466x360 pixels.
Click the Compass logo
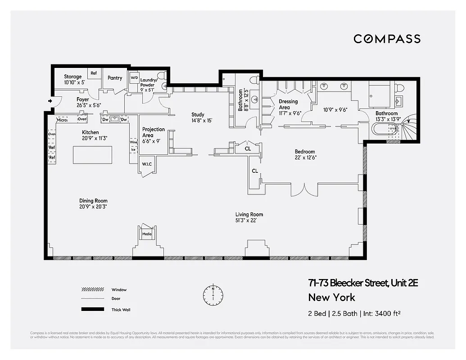pyautogui.click(x=387, y=39)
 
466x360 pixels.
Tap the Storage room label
pyautogui.click(x=73, y=77)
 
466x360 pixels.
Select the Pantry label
pyautogui.click(x=115, y=78)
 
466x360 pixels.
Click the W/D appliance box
pyautogui.click(x=134, y=78)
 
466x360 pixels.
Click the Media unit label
pyautogui.click(x=147, y=234)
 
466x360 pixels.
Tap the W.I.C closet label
pyautogui.click(x=147, y=164)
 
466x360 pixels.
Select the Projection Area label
pyautogui.click(x=148, y=132)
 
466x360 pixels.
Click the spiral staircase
pyautogui.click(x=410, y=127)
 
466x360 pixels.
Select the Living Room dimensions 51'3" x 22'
pyautogui.click(x=249, y=220)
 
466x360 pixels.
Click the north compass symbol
pyautogui.click(x=213, y=295)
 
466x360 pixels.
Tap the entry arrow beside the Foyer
pyautogui.click(x=50, y=101)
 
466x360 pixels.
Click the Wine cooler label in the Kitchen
pyautogui.click(x=133, y=142)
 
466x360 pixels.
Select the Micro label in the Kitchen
pyautogui.click(x=62, y=120)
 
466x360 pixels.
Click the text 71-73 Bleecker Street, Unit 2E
pyautogui.click(x=363, y=283)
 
